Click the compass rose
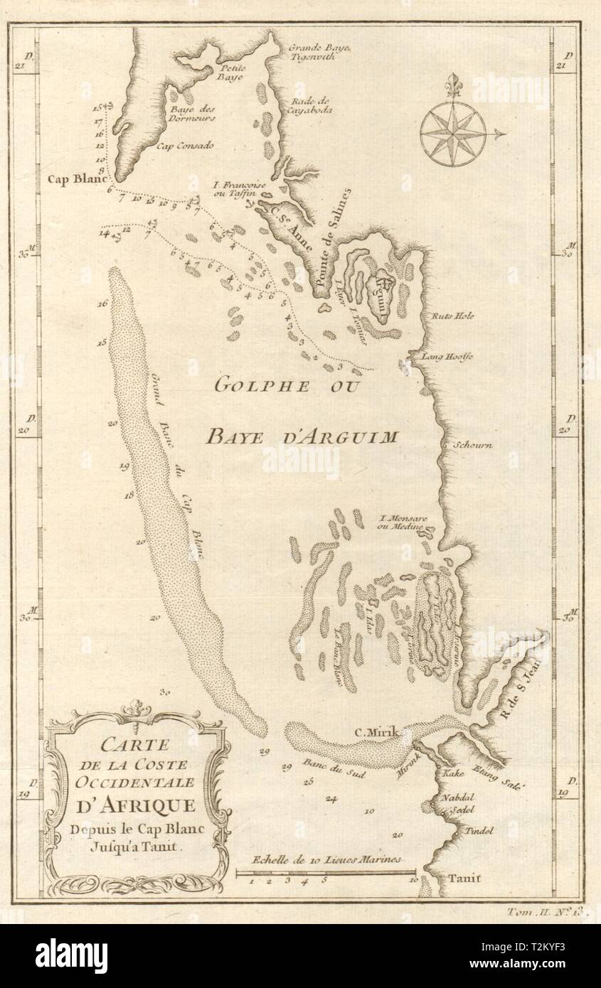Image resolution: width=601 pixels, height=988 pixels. pos(453,133)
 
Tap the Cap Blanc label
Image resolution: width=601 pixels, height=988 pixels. pos(76,179)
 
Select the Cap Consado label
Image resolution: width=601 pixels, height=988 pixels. pos(189,145)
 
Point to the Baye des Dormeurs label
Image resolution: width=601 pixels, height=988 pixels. pos(191,114)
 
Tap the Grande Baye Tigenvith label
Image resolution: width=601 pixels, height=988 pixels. pos(319,52)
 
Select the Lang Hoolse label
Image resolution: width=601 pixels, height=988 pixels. pos(447,357)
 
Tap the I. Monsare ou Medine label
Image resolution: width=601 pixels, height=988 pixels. pos(403,522)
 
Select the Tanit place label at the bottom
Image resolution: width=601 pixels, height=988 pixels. pos(464,879)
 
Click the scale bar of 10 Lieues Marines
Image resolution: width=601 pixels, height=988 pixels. pos(326,871)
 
